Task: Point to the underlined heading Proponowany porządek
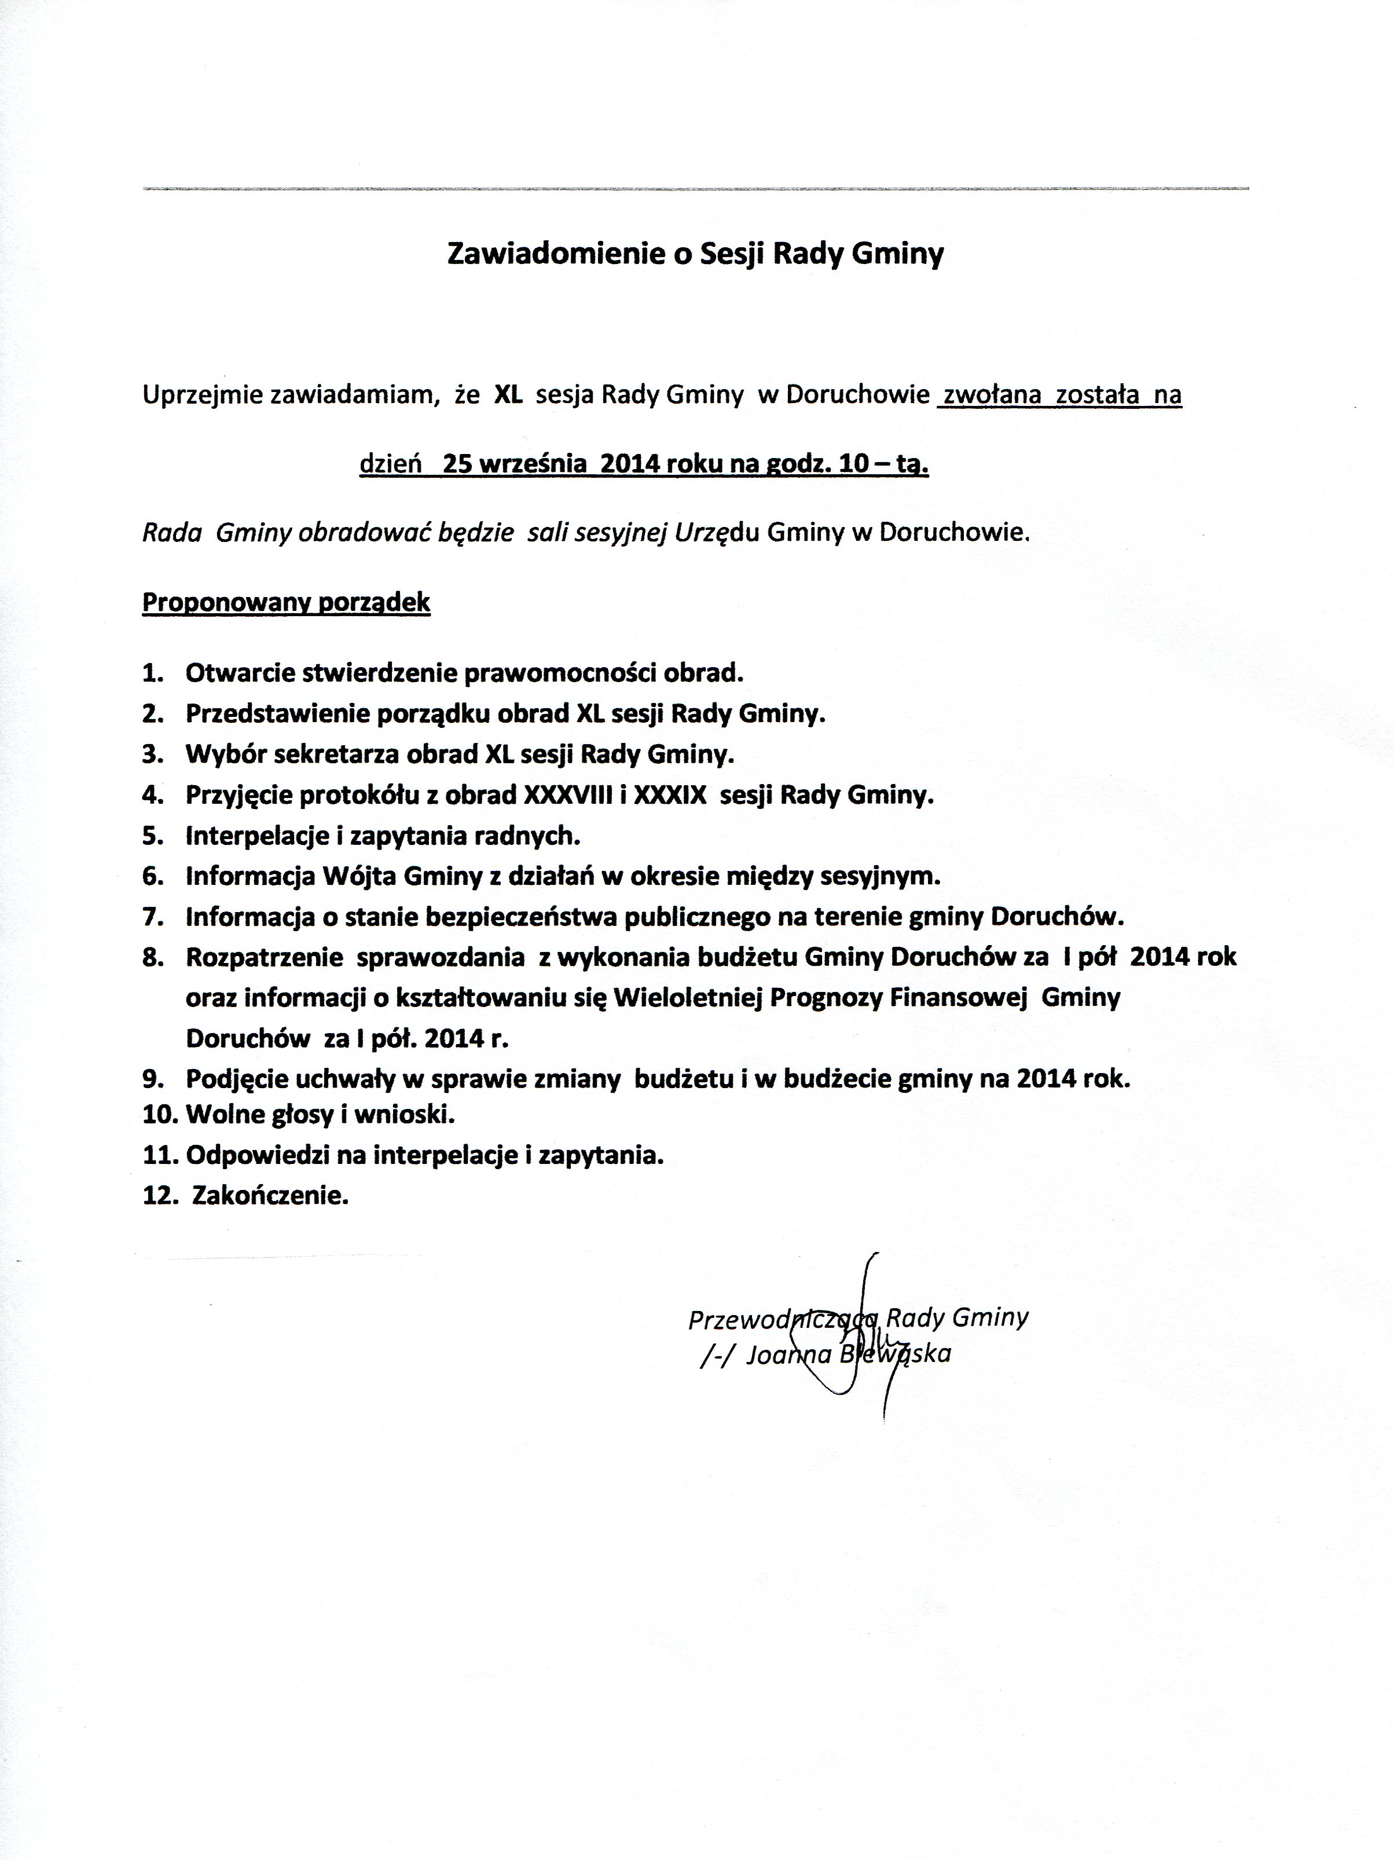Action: pyautogui.click(x=286, y=603)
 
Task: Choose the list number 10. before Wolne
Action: pyautogui.click(x=160, y=1115)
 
